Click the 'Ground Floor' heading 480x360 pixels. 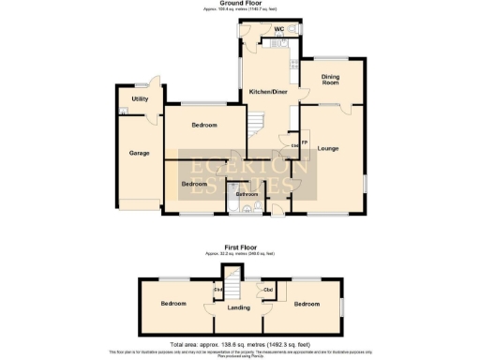239,4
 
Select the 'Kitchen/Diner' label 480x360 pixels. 268,92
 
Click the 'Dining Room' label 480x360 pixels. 330,80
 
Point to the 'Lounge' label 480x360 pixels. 327,148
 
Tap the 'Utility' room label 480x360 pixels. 140,98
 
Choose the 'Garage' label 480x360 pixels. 140,152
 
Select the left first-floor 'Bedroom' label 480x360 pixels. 173,304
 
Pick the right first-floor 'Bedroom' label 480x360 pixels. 305,304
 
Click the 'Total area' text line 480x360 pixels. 239,344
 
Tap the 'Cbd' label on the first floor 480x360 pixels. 268,290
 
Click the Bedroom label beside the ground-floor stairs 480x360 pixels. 204,125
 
